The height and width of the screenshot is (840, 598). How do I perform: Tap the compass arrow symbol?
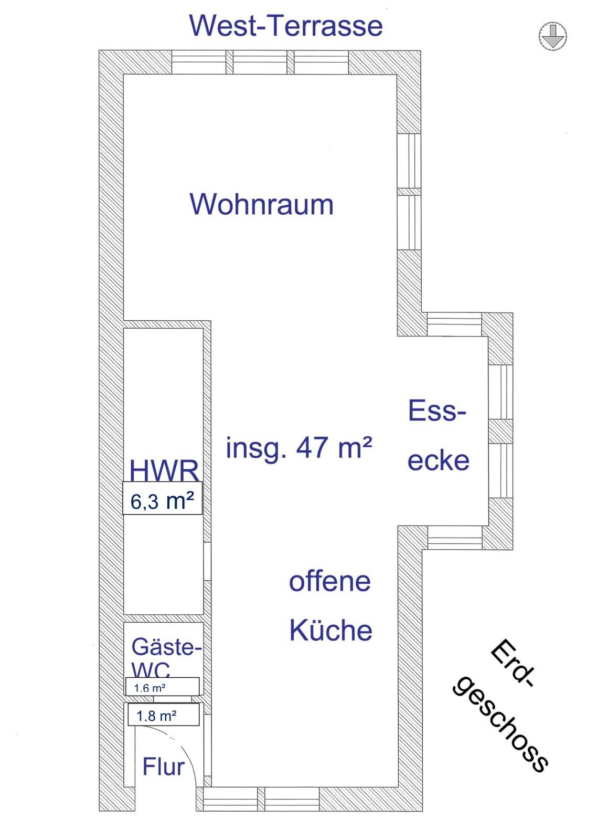(553, 36)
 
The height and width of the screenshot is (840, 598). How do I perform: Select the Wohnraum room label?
(262, 204)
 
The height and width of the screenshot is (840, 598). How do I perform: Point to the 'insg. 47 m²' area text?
(299, 448)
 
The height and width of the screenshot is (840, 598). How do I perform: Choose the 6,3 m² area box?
(162, 498)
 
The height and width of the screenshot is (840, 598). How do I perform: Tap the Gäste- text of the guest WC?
(166, 647)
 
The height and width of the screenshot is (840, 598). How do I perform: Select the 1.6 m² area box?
(162, 686)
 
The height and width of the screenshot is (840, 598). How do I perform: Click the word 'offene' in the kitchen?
(330, 582)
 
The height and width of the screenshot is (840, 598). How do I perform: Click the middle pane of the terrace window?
(260, 62)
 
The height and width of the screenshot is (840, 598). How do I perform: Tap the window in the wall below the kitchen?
(261, 799)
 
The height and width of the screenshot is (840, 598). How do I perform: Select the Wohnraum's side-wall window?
(409, 192)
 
